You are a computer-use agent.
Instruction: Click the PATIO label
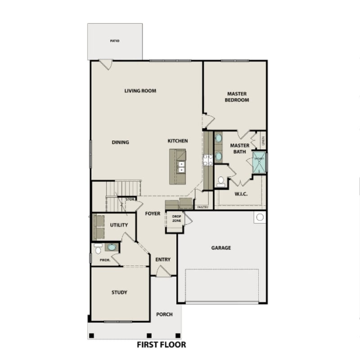(x=115, y=41)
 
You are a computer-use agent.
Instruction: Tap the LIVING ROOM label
(x=140, y=91)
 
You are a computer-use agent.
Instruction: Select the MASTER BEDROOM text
(x=237, y=97)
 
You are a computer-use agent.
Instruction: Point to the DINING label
(x=120, y=143)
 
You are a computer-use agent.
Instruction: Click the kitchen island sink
(x=181, y=167)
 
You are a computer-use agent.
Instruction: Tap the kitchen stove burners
(x=208, y=160)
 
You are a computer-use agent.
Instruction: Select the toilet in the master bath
(x=220, y=181)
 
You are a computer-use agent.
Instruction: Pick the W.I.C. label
(x=242, y=195)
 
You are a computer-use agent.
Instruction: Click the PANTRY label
(x=202, y=207)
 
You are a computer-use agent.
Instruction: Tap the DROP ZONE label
(x=176, y=218)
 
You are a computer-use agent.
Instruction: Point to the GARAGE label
(x=221, y=248)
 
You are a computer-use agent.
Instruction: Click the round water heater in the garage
(x=260, y=218)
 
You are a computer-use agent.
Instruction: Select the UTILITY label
(x=119, y=225)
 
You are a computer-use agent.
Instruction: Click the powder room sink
(x=111, y=247)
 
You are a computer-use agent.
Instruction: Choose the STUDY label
(x=119, y=292)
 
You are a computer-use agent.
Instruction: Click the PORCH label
(x=164, y=314)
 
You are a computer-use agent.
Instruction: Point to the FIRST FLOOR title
(x=161, y=345)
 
